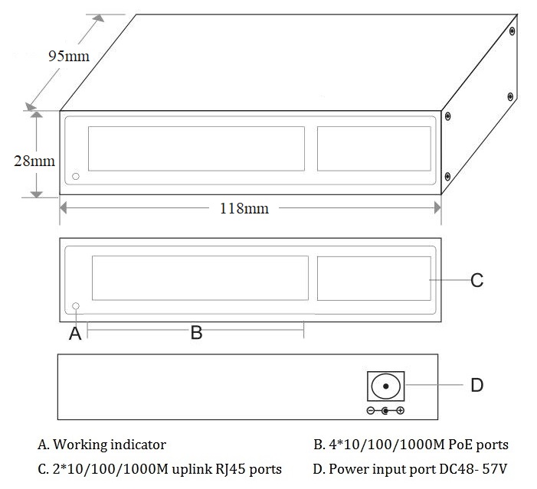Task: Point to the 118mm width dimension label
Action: point(244,207)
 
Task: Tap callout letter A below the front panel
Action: point(75,332)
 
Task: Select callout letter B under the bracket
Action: point(196,332)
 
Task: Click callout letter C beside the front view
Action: point(476,281)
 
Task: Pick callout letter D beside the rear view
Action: point(476,384)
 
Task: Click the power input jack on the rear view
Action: point(385,386)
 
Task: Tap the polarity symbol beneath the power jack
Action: point(385,412)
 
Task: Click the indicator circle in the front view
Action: point(76,307)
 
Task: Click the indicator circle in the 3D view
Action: point(75,178)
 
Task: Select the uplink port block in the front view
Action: point(373,278)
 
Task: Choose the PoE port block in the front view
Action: point(200,278)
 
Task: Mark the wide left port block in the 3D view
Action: point(196,148)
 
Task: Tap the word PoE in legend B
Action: point(457,444)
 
